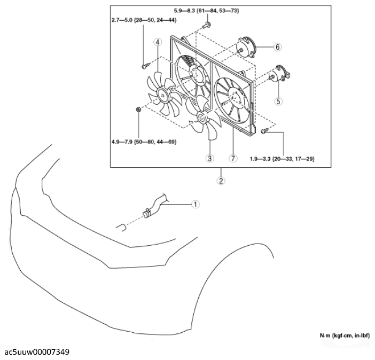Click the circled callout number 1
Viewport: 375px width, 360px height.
pos(196,205)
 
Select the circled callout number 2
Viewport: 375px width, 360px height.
pos(221,181)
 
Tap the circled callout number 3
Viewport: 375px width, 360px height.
pos(209,158)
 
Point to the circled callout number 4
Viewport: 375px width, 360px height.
pos(158,42)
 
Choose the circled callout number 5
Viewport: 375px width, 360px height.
pos(278,101)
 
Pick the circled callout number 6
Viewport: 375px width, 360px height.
pos(277,47)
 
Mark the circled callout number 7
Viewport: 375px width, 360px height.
pos(233,158)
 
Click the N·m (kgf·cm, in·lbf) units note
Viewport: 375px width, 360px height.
pos(345,335)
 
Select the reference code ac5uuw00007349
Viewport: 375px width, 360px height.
pos(37,352)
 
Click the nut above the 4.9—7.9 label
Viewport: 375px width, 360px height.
pos(138,109)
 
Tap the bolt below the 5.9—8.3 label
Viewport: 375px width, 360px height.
pos(207,25)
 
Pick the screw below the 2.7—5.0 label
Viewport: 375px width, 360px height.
pos(145,66)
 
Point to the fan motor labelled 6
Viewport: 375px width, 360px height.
pos(246,48)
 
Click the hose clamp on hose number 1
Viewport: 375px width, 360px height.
pos(147,213)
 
